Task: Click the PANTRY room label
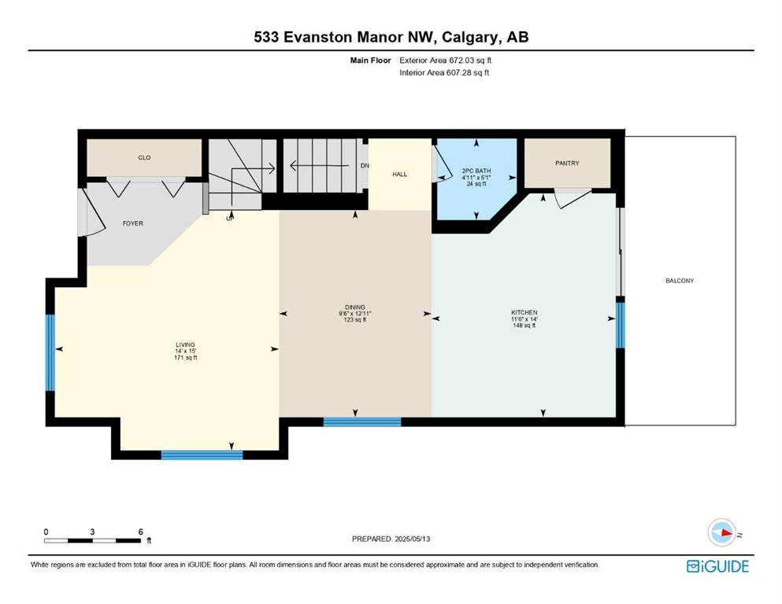tap(567, 163)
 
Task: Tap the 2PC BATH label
tap(476, 171)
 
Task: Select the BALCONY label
tap(680, 281)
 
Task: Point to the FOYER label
tap(132, 223)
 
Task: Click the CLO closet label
tap(144, 158)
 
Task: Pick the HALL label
tap(399, 175)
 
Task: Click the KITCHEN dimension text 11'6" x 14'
tap(524, 319)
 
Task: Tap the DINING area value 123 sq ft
tap(355, 319)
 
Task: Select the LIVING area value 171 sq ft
tap(186, 358)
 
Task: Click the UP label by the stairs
tap(230, 218)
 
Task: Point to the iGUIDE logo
tap(717, 567)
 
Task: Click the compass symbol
tap(722, 532)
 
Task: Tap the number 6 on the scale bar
tap(141, 532)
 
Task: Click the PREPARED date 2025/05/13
tap(413, 539)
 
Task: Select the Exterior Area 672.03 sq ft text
tap(446, 61)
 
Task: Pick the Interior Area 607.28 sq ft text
tap(444, 72)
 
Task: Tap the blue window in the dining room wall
tap(362, 422)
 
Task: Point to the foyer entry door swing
tap(93, 212)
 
